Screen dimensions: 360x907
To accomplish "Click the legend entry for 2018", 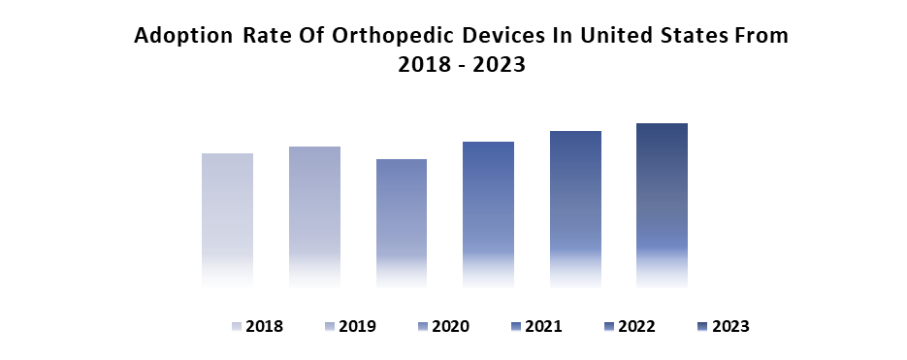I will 257,326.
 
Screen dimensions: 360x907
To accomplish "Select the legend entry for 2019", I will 350,326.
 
